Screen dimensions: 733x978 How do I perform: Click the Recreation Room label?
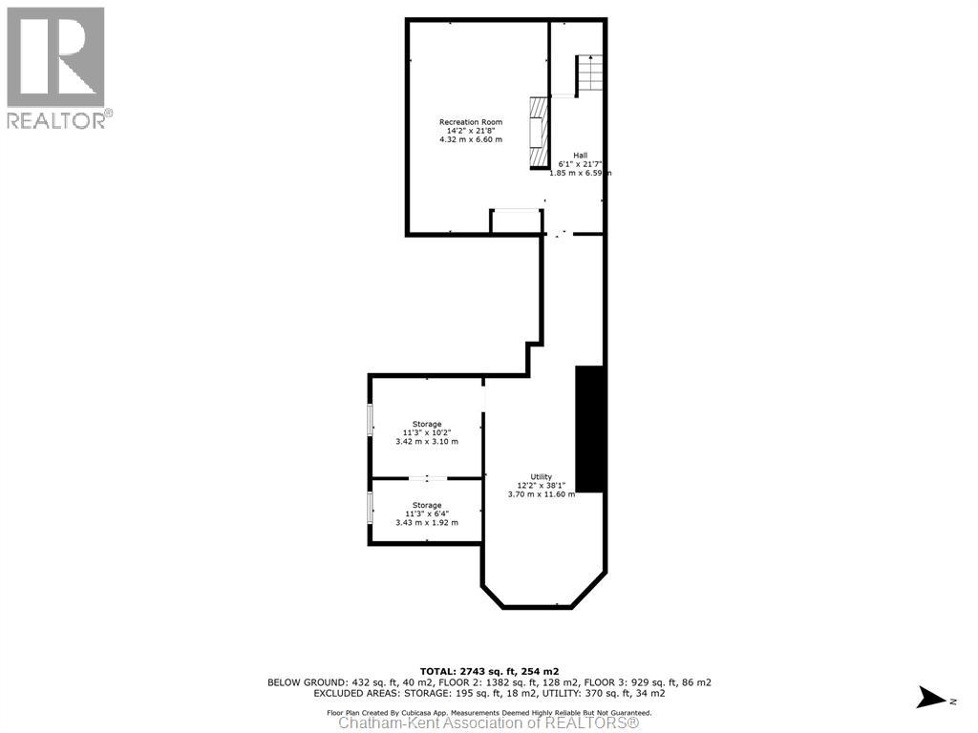[470, 122]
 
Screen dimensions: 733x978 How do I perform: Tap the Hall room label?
[580, 156]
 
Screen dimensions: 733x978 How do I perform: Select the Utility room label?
[542, 476]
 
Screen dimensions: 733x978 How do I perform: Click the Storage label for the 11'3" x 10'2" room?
[427, 424]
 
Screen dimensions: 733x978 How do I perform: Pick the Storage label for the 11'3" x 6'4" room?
[427, 505]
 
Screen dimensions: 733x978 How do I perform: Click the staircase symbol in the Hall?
[589, 74]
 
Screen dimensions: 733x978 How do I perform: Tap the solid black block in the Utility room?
[589, 429]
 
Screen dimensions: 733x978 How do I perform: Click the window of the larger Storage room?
[371, 420]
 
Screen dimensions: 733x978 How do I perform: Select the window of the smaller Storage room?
[371, 508]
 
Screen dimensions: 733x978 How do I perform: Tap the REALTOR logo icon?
[55, 57]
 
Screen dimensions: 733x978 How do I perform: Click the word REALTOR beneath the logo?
[55, 120]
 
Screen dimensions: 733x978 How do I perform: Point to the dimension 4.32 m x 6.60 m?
[470, 140]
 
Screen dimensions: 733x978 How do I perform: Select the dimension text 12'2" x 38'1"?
[542, 485]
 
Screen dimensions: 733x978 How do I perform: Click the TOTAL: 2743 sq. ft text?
[488, 672]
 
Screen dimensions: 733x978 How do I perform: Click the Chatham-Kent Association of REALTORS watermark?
[488, 723]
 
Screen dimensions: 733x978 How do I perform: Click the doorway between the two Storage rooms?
[427, 477]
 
